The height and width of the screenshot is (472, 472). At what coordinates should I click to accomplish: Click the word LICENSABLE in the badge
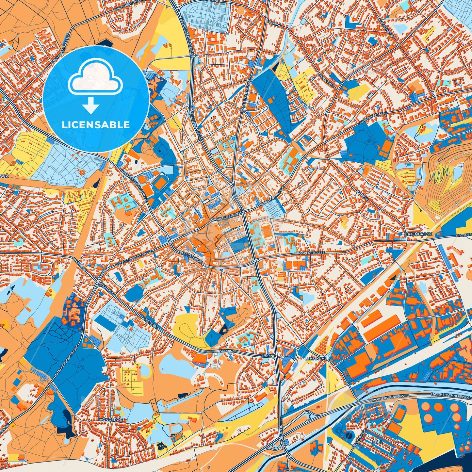tap(96, 124)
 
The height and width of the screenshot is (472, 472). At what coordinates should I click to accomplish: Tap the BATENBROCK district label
tap(418, 234)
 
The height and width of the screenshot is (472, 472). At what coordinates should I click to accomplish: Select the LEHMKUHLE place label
tap(317, 358)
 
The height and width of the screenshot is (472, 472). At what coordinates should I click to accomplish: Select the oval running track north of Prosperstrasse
tap(267, 232)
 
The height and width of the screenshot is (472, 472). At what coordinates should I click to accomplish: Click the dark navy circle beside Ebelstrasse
tap(349, 435)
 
